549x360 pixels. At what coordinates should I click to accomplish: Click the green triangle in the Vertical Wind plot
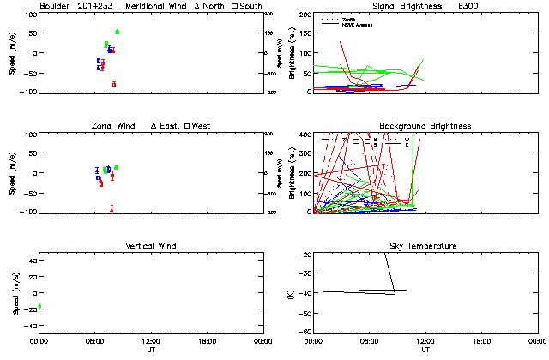[x=39, y=306]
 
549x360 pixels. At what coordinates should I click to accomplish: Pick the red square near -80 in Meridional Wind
[x=113, y=84]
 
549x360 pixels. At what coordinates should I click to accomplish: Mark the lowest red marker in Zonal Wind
[x=112, y=208]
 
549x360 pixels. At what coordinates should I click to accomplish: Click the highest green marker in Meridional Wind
[x=117, y=32]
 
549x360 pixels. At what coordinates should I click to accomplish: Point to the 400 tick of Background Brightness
[x=305, y=135]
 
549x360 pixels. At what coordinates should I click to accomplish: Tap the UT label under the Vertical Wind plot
[x=151, y=350]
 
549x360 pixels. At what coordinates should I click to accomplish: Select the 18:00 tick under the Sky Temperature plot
[x=481, y=341]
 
